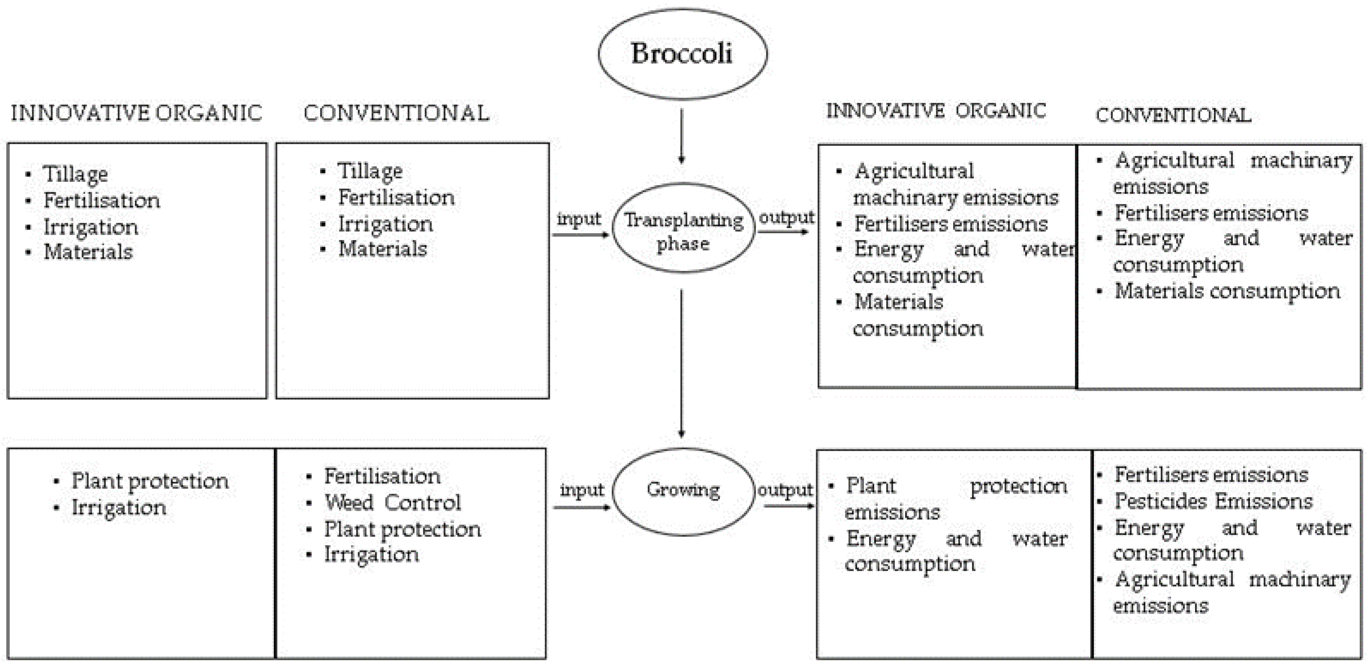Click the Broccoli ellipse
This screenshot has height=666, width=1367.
click(683, 54)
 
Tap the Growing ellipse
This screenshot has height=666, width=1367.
click(683, 491)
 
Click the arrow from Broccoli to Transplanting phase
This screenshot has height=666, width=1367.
click(682, 136)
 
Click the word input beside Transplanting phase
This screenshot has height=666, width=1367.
click(578, 219)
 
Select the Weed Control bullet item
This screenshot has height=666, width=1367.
click(392, 502)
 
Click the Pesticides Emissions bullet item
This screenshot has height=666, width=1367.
click(1213, 501)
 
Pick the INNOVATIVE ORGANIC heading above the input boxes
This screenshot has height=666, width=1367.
click(136, 113)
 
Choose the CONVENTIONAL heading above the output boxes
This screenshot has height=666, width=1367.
click(1173, 115)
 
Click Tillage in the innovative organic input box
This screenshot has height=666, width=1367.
click(75, 174)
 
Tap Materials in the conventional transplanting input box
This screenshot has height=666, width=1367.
click(382, 249)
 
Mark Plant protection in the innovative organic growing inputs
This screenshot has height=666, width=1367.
click(150, 481)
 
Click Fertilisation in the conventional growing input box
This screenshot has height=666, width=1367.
click(382, 476)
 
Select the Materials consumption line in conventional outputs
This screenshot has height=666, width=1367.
click(1227, 291)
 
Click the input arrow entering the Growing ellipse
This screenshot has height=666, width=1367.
click(581, 507)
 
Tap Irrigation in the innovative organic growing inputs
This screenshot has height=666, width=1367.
click(119, 507)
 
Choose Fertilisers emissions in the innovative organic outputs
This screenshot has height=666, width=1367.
click(951, 224)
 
